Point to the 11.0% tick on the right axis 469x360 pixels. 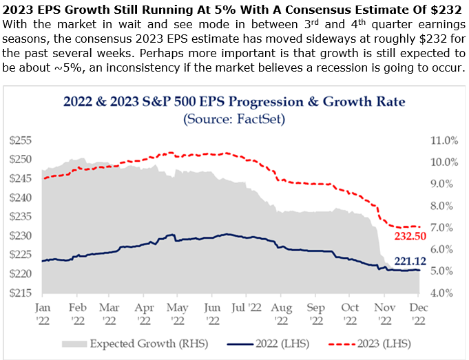pyautogui.click(x=443, y=140)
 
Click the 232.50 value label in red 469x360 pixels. pyautogui.click(x=409, y=236)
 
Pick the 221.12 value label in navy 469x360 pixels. pyautogui.click(x=409, y=261)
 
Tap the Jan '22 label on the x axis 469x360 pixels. pyautogui.click(x=43, y=313)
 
